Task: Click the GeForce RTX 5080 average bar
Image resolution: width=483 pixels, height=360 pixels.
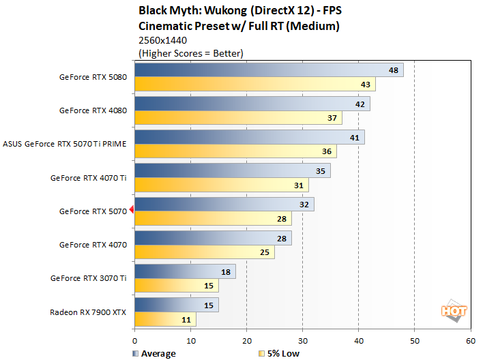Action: click(x=269, y=70)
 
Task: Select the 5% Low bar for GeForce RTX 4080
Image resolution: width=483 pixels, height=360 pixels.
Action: click(x=238, y=118)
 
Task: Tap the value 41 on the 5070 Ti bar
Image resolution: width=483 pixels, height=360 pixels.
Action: click(x=355, y=137)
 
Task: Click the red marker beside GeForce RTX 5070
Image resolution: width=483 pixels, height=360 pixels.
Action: click(x=132, y=211)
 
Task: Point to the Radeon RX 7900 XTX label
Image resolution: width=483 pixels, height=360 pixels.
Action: click(x=88, y=312)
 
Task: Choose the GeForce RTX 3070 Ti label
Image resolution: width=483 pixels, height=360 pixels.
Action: click(x=88, y=278)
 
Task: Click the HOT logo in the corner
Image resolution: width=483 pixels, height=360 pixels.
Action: click(x=454, y=310)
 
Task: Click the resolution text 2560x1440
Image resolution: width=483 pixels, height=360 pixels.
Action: click(x=163, y=40)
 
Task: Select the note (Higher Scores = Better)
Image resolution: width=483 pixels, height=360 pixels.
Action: click(x=191, y=52)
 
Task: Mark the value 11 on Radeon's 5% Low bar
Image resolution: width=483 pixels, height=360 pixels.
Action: click(x=187, y=319)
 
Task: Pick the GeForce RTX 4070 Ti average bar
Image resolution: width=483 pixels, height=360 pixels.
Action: click(x=233, y=170)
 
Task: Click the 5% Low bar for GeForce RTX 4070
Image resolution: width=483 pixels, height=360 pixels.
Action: click(x=205, y=252)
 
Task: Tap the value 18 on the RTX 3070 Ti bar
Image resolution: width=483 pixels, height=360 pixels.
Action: click(x=226, y=271)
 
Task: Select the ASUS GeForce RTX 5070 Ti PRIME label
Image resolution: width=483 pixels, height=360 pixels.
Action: click(x=65, y=144)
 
